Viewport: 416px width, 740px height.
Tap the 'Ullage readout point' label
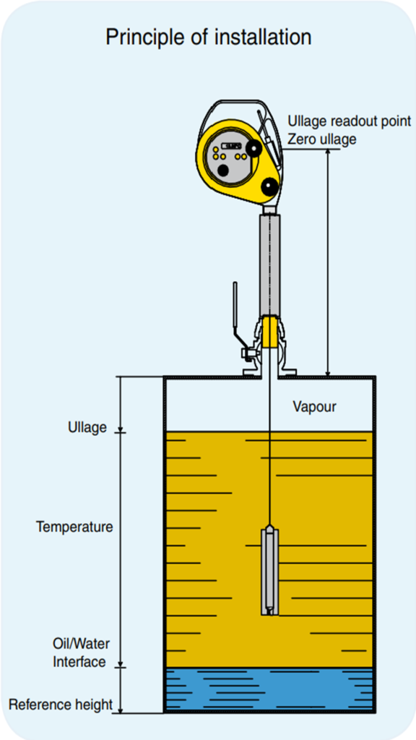[350, 121]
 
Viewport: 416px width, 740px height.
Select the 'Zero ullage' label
[322, 139]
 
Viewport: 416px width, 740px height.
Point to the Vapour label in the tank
[315, 406]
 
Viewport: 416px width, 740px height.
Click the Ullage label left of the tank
[87, 428]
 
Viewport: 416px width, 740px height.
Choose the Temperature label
[74, 527]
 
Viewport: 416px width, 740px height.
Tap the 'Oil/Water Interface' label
[79, 653]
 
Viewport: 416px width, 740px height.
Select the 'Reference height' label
[61, 705]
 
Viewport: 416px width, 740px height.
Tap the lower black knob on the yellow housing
[270, 186]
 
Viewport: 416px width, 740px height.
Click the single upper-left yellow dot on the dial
[215, 149]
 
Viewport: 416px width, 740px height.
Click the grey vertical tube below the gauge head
[270, 264]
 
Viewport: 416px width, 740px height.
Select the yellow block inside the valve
[270, 332]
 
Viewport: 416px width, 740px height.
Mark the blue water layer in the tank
[270, 689]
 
